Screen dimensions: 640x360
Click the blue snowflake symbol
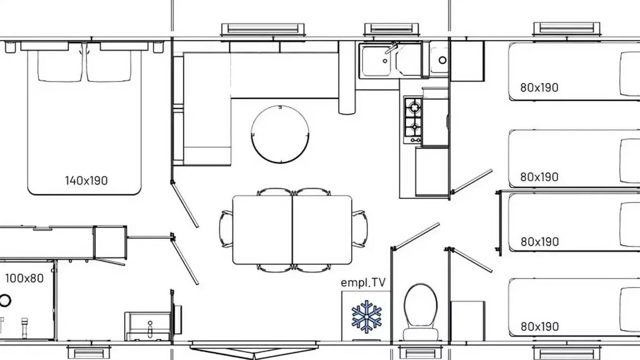(x=366, y=316)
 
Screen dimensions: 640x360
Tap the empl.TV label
(x=363, y=282)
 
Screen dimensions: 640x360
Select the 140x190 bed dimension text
(x=86, y=180)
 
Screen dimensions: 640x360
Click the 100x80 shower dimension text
(x=24, y=278)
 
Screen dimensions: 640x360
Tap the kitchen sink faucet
(x=391, y=48)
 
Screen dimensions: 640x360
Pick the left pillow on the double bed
(x=60, y=66)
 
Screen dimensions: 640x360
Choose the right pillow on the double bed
(x=108, y=66)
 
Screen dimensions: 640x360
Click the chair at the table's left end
(x=226, y=229)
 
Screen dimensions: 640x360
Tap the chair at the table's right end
(x=359, y=229)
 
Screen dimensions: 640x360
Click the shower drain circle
(x=5, y=300)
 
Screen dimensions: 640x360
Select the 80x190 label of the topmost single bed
(x=539, y=87)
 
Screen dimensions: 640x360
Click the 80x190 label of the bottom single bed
(x=539, y=326)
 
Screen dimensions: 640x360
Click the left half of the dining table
(x=262, y=229)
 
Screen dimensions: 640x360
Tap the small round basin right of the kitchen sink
(x=442, y=60)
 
